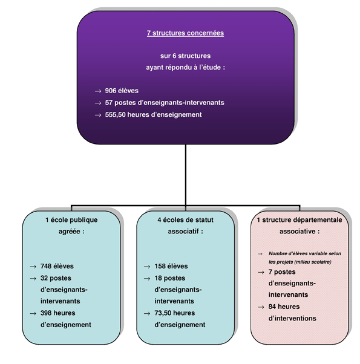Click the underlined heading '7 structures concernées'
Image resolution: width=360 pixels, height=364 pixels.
[x=185, y=33]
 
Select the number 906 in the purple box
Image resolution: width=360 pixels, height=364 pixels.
[x=111, y=91]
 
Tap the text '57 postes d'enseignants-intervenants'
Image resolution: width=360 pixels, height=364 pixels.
[x=165, y=103]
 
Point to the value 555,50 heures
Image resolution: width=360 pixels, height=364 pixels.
[x=127, y=115]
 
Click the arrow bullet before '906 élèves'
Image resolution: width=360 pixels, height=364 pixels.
[x=98, y=91]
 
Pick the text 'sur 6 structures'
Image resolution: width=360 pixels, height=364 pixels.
[x=185, y=56]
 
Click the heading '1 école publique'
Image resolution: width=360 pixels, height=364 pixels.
[x=71, y=220]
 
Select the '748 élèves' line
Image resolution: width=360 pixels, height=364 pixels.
[x=57, y=266]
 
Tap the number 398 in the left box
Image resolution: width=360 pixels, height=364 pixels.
[x=46, y=313]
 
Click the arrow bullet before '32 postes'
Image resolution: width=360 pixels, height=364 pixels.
[x=33, y=279]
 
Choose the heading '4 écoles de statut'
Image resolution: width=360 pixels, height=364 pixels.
[x=185, y=220]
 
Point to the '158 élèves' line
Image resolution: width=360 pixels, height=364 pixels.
[x=171, y=266]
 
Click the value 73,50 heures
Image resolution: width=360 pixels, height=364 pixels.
[x=175, y=313]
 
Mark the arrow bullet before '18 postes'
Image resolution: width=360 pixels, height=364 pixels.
[x=147, y=279]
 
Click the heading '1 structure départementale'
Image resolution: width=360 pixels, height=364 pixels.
[x=299, y=220]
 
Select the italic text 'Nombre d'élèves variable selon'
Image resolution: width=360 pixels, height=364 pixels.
[x=305, y=253]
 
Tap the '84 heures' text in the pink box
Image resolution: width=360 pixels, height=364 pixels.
[x=284, y=307]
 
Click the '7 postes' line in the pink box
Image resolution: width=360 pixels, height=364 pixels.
[x=282, y=272]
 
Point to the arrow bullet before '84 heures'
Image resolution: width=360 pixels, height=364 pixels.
[x=261, y=307]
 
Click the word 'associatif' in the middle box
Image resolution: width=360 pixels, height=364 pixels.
[x=183, y=232]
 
